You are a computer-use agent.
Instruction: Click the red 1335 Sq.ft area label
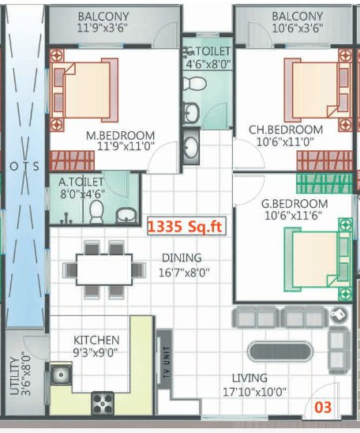[186, 228]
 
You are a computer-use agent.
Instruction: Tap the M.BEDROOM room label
[120, 134]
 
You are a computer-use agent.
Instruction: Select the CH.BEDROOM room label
[285, 130]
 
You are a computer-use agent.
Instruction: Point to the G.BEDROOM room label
[294, 203]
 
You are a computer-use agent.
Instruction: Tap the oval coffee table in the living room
[281, 351]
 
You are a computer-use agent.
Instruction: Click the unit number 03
[323, 408]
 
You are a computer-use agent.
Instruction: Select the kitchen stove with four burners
[103, 404]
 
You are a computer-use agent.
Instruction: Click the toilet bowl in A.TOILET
[97, 210]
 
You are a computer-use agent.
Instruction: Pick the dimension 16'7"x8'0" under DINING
[182, 273]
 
